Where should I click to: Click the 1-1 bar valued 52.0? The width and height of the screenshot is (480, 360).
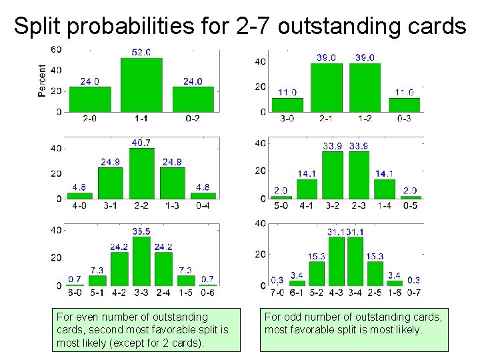pos(141,85)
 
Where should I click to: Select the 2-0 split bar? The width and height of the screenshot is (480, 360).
pos(90,99)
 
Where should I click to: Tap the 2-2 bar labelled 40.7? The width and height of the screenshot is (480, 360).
pos(141,173)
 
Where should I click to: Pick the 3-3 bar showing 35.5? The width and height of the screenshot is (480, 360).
pos(141,261)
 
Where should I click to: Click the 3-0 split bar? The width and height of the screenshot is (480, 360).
pos(287,105)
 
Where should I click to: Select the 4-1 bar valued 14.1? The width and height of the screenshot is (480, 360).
pos(307,189)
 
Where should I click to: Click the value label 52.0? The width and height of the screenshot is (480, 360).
pos(141,52)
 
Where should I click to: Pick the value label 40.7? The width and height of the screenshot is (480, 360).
pos(141,142)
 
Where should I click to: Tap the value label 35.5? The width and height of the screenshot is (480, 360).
pos(141,231)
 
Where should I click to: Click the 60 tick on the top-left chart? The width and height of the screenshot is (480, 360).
pos(57,49)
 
